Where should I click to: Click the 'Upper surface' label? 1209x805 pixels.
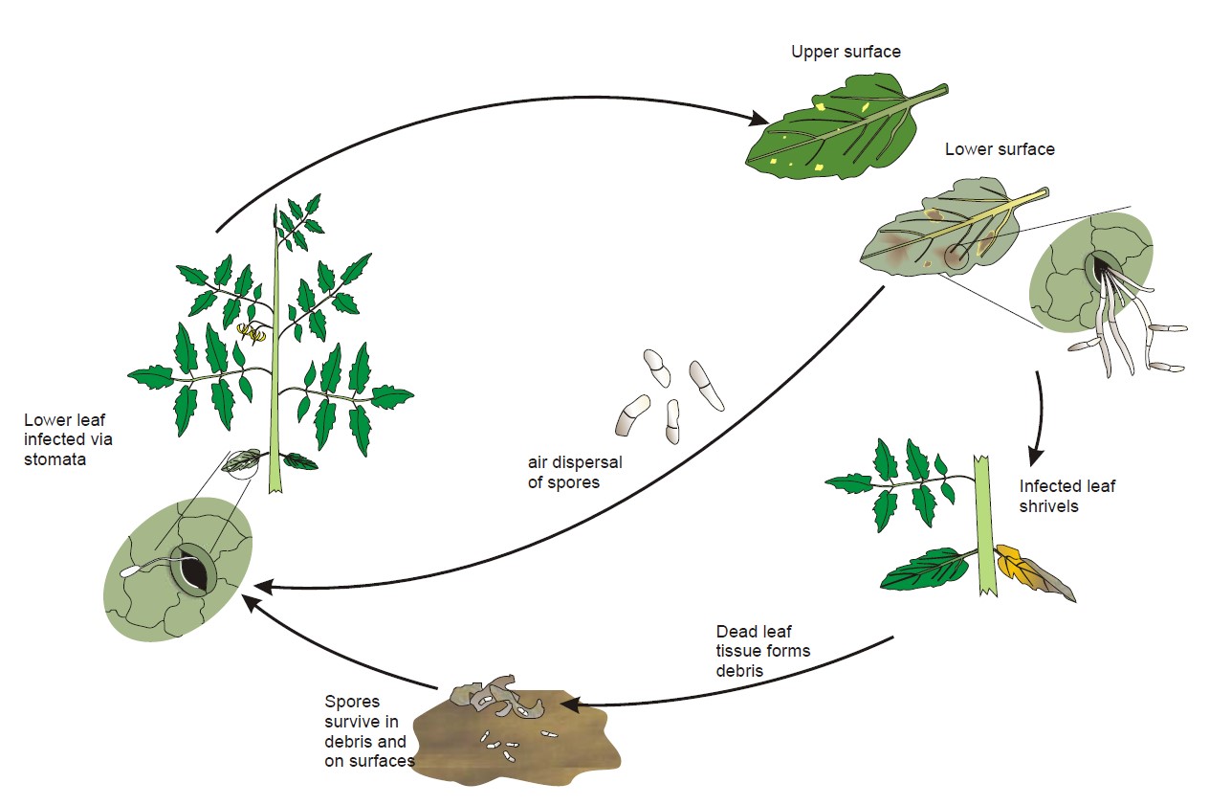tap(846, 52)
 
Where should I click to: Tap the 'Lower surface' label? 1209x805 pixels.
tap(1000, 149)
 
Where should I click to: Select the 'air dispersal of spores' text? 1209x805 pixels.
tap(575, 472)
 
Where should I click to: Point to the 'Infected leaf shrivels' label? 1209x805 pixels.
tap(1066, 496)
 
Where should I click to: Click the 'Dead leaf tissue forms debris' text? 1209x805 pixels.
tap(763, 651)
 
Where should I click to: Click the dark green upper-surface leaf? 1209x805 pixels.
tap(832, 134)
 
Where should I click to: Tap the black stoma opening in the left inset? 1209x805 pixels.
tap(195, 573)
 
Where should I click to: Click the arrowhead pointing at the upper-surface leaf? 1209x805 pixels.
tap(759, 121)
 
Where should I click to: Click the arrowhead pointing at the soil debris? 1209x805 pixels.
tap(570, 705)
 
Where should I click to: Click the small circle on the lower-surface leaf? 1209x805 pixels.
tap(956, 256)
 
